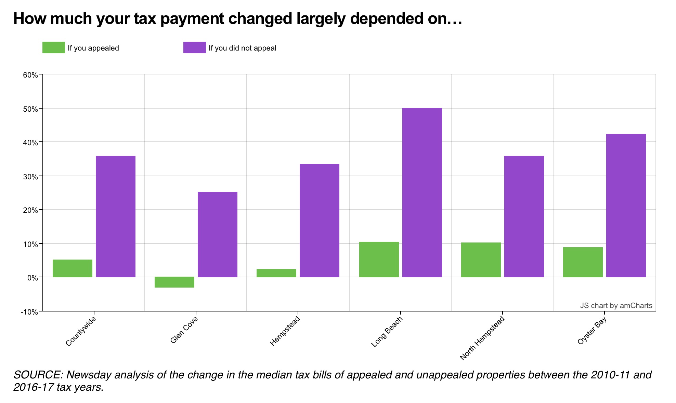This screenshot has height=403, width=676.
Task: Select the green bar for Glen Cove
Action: click(174, 282)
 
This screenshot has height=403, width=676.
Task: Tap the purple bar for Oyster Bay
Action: click(626, 205)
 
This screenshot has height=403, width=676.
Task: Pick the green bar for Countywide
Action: click(73, 268)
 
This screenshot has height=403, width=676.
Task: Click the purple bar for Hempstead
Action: click(320, 220)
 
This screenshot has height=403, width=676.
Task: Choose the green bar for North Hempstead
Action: click(481, 260)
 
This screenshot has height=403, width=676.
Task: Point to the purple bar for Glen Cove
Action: click(218, 234)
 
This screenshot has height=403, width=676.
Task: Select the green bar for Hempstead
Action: click(276, 273)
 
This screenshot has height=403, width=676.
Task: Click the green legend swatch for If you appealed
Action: click(54, 47)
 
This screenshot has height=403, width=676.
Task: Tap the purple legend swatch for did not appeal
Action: click(194, 47)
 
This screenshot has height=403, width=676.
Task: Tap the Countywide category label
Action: click(80, 331)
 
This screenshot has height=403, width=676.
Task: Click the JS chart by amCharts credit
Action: click(616, 305)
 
